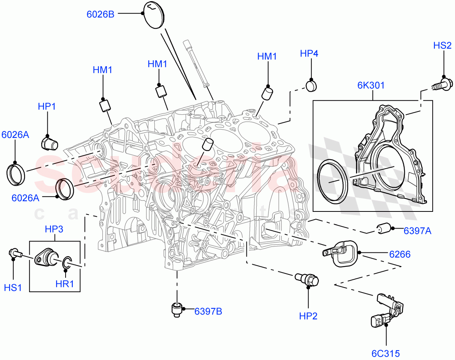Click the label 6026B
click(100, 14)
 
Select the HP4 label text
click(309, 53)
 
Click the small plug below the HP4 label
click(311, 86)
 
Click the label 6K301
click(370, 86)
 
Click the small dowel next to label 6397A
click(384, 229)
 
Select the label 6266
click(400, 254)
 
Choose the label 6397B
click(208, 311)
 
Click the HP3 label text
click(54, 229)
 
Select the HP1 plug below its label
click(49, 144)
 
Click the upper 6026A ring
click(16, 174)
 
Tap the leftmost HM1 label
click(102, 70)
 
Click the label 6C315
click(386, 354)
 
